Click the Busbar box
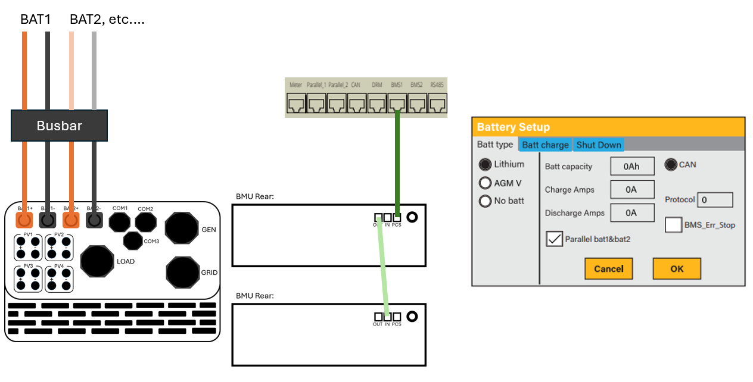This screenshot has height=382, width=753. (x=59, y=126)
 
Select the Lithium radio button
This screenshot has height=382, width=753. (x=486, y=164)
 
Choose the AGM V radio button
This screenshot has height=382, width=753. (x=486, y=183)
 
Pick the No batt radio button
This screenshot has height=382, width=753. (x=486, y=201)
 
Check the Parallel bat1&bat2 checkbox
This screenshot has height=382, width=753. (x=554, y=239)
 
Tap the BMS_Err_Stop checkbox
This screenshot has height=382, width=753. (x=674, y=225)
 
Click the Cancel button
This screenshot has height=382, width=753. (x=608, y=268)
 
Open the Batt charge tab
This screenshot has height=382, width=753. (x=545, y=145)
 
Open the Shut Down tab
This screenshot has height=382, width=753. (x=599, y=145)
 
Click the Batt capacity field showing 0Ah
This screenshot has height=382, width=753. (x=632, y=167)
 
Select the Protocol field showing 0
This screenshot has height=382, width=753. (x=715, y=200)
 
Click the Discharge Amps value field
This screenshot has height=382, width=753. (x=632, y=212)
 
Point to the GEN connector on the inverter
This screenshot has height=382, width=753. (x=182, y=228)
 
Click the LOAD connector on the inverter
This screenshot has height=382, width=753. (x=97, y=261)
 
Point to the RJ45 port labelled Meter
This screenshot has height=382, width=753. (x=296, y=105)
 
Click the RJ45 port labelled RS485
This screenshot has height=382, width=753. (x=437, y=105)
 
